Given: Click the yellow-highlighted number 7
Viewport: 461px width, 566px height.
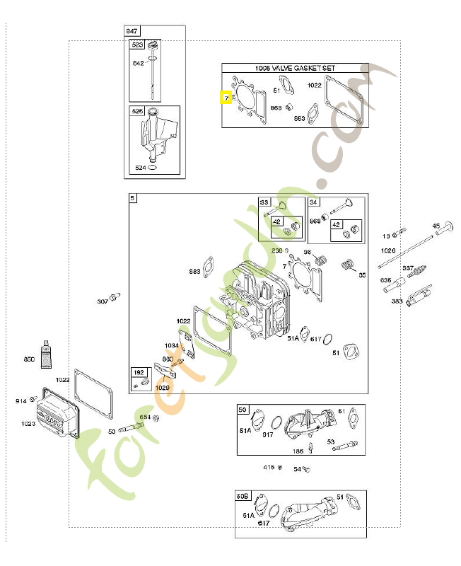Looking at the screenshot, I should pyautogui.click(x=227, y=98).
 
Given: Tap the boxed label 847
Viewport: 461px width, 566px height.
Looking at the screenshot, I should pyautogui.click(x=132, y=31).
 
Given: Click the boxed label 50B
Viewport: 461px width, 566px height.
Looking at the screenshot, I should pyautogui.click(x=243, y=497).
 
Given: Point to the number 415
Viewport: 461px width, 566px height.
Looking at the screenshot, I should pyautogui.click(x=269, y=468).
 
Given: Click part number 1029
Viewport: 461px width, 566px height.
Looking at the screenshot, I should pyautogui.click(x=163, y=388).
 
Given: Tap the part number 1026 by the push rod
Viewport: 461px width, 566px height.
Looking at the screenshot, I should pyautogui.click(x=388, y=250).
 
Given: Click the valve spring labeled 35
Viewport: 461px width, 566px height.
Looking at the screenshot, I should pyautogui.click(x=347, y=266).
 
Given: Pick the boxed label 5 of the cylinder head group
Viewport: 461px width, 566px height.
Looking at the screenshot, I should pyautogui.click(x=133, y=200).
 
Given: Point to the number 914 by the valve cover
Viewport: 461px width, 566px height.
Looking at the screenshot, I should pyautogui.click(x=21, y=401).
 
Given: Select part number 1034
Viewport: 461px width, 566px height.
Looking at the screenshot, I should pyautogui.click(x=172, y=345).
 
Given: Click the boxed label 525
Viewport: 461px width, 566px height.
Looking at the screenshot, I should pyautogui.click(x=137, y=112).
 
